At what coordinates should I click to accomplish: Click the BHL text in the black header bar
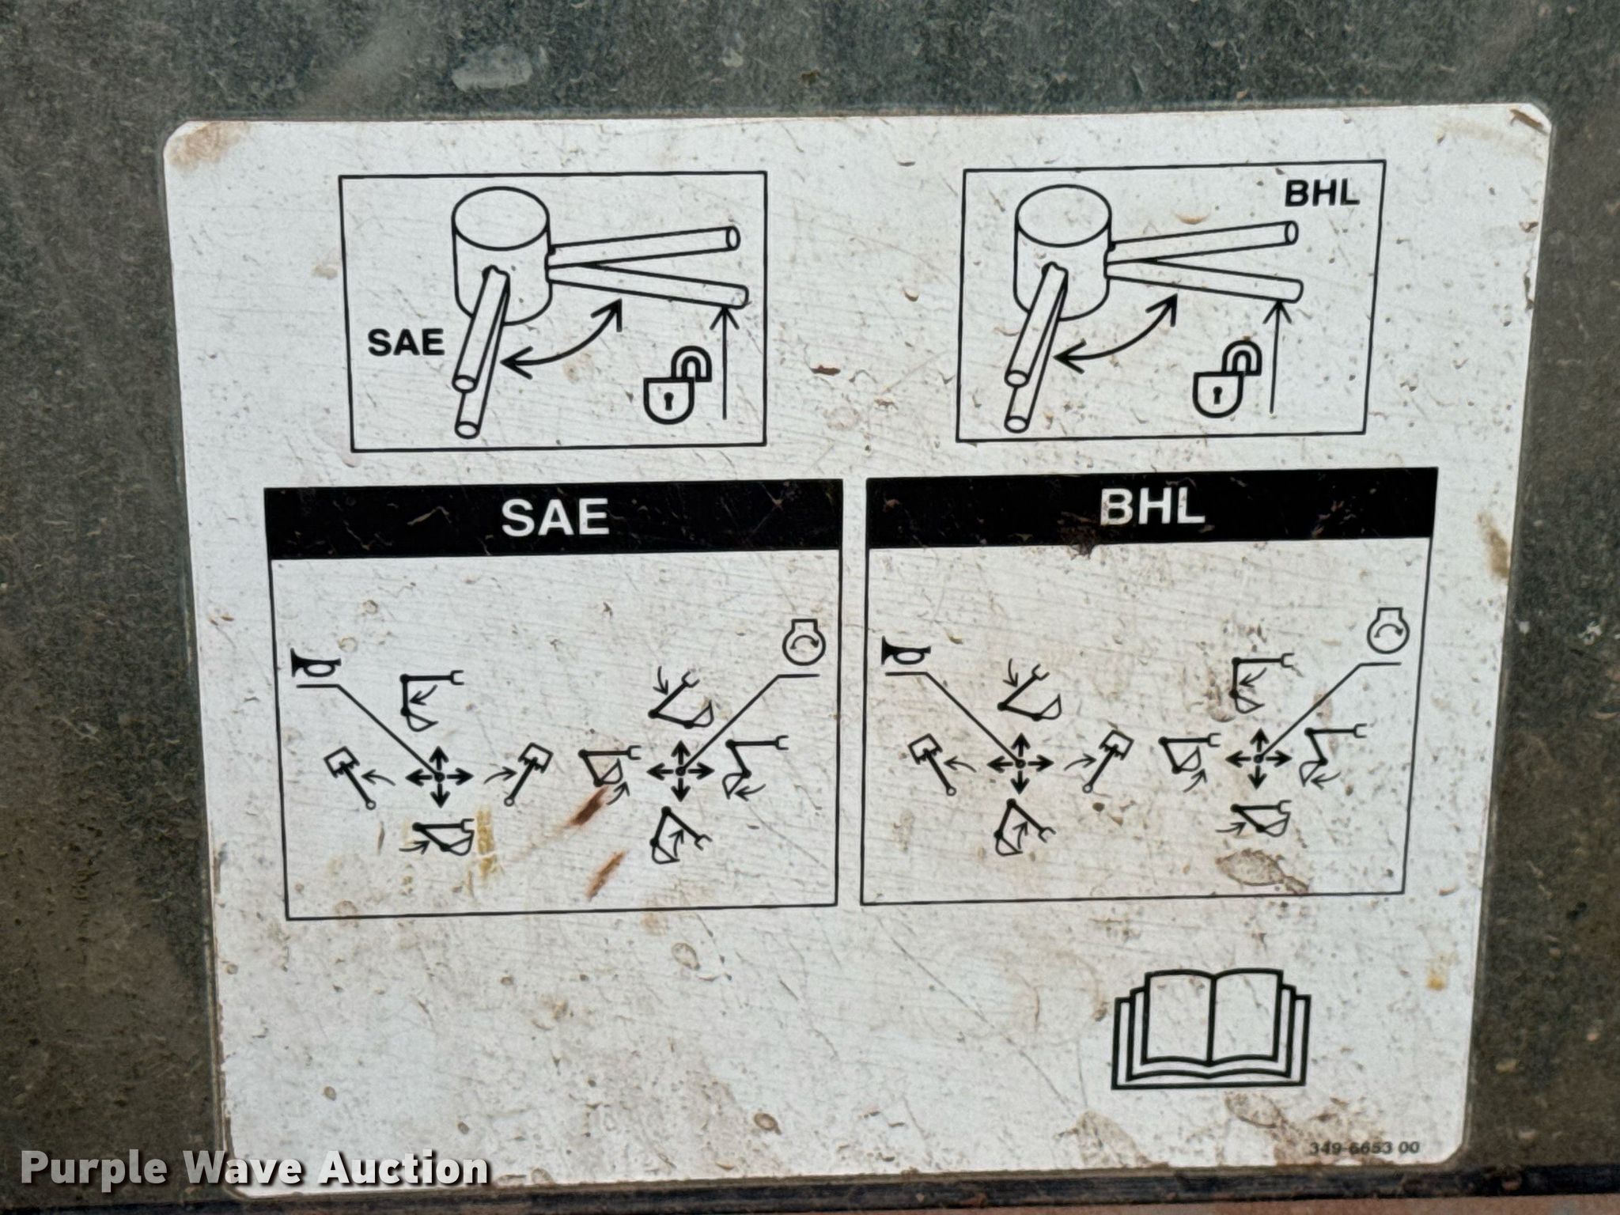pyautogui.click(x=1153, y=509)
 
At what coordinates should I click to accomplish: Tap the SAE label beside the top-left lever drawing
pyautogui.click(x=406, y=343)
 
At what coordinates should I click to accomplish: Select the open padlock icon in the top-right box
pyautogui.click(x=1222, y=380)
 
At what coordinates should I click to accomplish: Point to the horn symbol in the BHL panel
pyautogui.click(x=906, y=654)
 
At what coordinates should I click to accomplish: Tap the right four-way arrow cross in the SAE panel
pyautogui.click(x=680, y=770)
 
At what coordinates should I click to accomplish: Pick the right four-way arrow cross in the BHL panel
pyautogui.click(x=1258, y=758)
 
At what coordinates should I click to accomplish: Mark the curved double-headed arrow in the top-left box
pyautogui.click(x=562, y=341)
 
